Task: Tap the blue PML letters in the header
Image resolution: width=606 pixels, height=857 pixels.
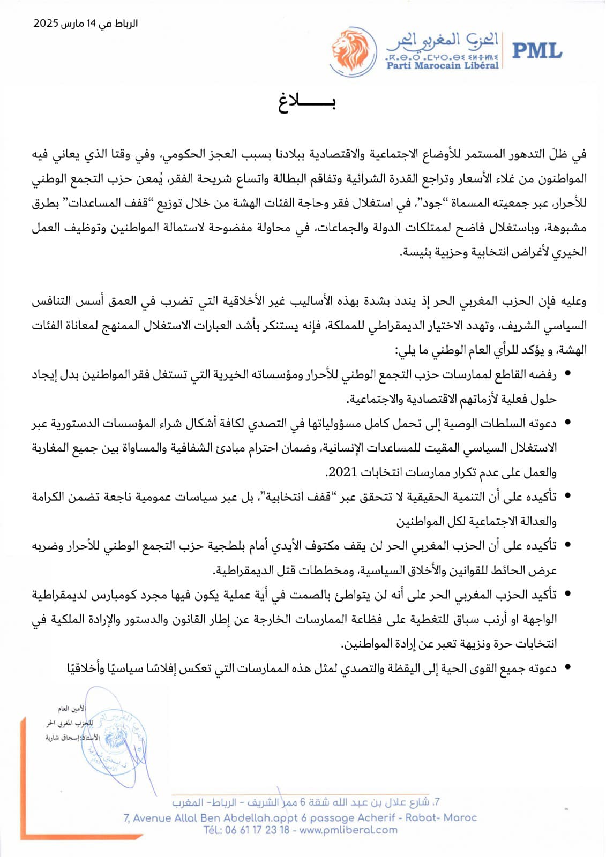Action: coord(537,51)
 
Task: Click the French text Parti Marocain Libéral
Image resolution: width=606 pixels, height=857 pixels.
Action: coord(443,65)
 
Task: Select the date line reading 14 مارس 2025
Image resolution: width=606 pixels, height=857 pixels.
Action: coord(86,24)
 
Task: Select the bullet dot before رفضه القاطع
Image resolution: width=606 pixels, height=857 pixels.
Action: coord(567,374)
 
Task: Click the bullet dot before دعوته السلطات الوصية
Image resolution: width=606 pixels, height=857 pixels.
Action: coord(567,423)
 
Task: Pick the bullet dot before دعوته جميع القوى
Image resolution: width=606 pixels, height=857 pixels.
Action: coord(567,668)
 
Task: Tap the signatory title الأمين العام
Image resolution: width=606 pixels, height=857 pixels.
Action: coord(72,709)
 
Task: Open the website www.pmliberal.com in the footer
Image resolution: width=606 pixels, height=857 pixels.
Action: coord(349,830)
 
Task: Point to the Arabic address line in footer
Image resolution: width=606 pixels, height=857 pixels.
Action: coord(305,802)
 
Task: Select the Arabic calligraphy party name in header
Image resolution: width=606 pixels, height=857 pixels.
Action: coord(443,40)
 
